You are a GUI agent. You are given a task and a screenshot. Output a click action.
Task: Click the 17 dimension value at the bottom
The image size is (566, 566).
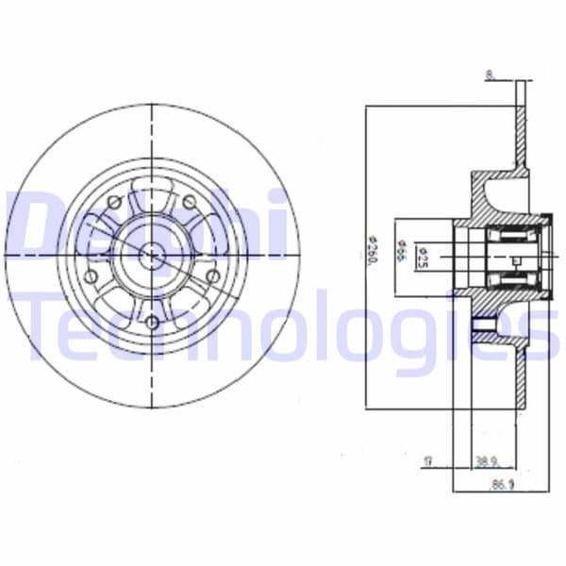(x=427, y=461)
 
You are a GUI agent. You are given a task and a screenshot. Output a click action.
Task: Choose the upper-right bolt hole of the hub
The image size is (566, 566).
(x=189, y=202)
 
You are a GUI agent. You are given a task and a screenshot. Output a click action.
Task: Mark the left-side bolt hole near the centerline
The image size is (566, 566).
(x=92, y=276)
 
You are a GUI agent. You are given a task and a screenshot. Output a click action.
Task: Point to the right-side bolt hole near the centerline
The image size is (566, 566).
(x=212, y=276)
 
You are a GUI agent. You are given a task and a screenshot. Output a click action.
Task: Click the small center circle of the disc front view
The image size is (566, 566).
(x=151, y=252)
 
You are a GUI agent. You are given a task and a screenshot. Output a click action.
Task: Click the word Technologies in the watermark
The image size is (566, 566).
(x=283, y=325)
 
